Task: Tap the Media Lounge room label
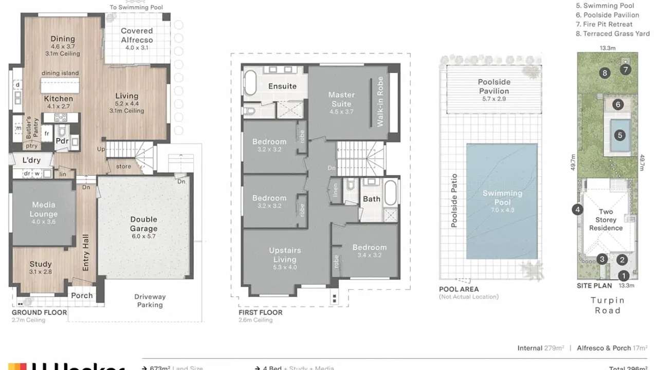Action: click(x=44, y=210)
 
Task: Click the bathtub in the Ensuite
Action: click(x=250, y=82)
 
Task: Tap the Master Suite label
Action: click(x=341, y=99)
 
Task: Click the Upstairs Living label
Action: click(x=285, y=255)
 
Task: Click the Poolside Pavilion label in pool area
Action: click(x=493, y=86)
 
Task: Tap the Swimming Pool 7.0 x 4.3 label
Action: click(x=502, y=197)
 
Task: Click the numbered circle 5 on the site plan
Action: click(x=620, y=136)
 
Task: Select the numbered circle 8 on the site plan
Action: click(x=605, y=73)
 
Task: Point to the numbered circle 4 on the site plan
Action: click(x=577, y=209)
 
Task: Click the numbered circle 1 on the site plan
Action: click(x=623, y=275)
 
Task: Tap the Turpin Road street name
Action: click(x=607, y=305)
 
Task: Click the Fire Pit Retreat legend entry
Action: click(x=604, y=24)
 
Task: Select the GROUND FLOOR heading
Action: click(x=40, y=312)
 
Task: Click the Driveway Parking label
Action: click(x=150, y=301)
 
